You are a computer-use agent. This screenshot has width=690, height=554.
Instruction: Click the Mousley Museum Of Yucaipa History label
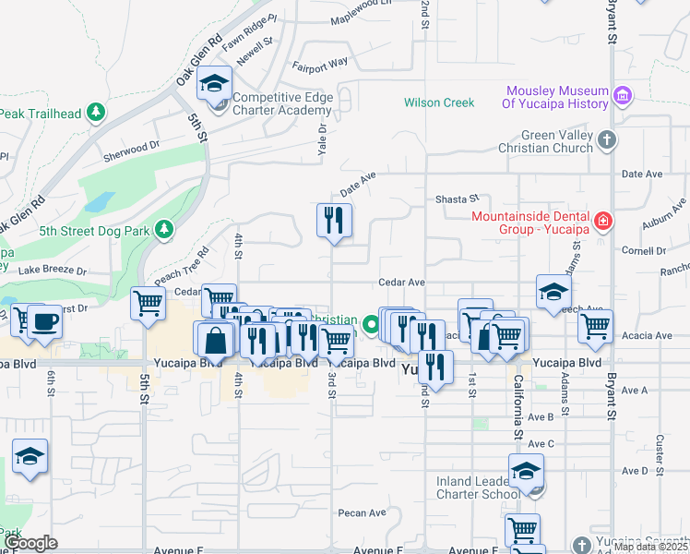[x=555, y=97]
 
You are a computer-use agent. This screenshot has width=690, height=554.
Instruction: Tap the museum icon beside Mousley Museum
[x=623, y=96]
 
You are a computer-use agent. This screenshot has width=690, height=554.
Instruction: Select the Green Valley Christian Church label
[x=545, y=141]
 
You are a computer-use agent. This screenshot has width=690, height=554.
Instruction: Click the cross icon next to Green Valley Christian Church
[x=606, y=140]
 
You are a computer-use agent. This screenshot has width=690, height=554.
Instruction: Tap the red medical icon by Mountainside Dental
[x=602, y=221]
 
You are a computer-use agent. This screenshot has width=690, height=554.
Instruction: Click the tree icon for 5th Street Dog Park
[x=164, y=228]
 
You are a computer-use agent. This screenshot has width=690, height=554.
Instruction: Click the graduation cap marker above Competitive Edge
[x=215, y=84]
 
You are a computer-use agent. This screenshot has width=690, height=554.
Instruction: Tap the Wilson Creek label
[x=439, y=102]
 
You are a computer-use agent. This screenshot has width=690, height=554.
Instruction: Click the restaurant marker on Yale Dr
[x=334, y=220]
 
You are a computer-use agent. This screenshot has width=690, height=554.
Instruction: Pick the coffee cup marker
[x=44, y=321]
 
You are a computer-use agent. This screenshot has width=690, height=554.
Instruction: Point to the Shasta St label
[x=458, y=199]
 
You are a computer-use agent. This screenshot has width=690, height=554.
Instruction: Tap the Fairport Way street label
[x=320, y=64]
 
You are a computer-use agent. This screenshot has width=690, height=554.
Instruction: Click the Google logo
[x=32, y=543]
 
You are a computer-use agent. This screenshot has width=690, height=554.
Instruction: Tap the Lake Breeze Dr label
[x=52, y=271]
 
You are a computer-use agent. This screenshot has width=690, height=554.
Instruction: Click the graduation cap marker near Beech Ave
[x=553, y=291]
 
